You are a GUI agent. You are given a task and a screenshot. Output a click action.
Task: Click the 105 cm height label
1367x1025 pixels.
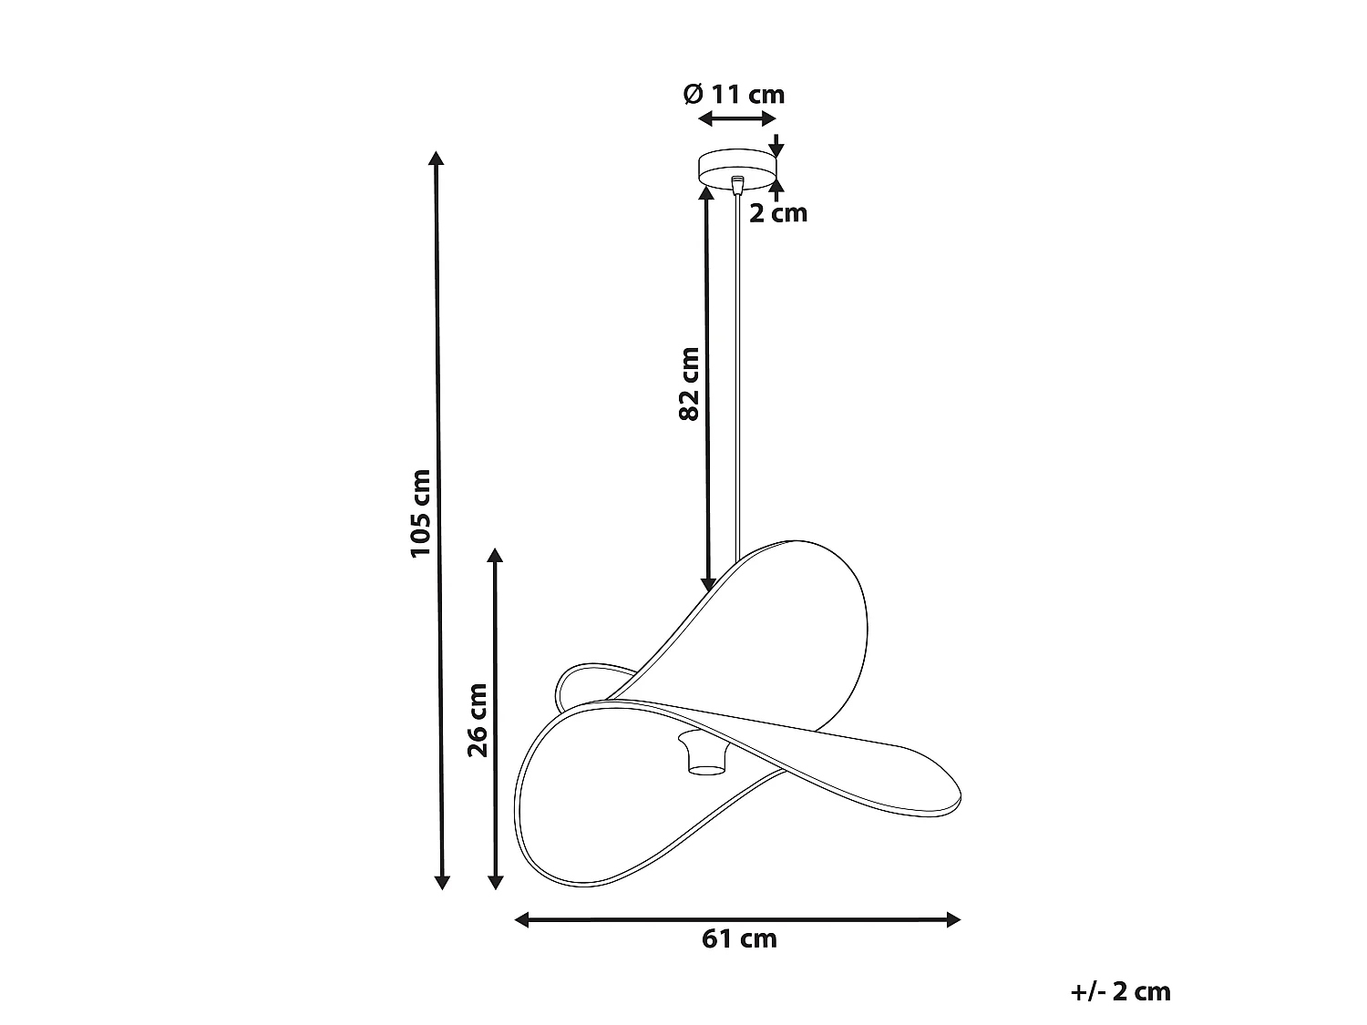pos(421,514)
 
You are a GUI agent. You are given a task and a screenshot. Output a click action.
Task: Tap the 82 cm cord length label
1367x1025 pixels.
pos(689,384)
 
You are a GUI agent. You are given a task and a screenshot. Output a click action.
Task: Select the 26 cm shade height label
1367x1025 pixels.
pos(478,720)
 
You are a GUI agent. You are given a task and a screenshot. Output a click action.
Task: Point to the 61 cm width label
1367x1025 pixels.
pos(739,939)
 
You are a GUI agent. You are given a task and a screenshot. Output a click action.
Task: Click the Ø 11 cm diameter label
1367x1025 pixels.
pos(734,95)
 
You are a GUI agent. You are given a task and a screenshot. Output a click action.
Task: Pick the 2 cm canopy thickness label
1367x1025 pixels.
pos(778,213)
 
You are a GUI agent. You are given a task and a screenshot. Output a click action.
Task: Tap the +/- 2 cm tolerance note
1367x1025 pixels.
pos(1120,991)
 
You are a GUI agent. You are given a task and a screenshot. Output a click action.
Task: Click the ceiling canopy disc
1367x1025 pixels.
pos(737,168)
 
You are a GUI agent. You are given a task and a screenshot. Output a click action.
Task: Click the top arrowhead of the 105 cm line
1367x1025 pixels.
pos(436,158)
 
